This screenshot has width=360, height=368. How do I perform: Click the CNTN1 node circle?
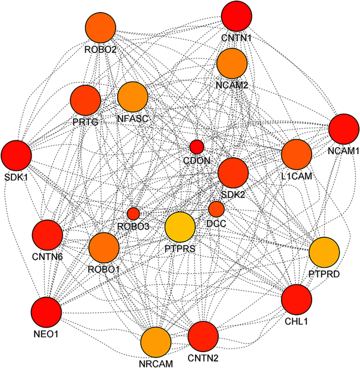point(236,16)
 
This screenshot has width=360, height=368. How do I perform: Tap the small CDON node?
point(197,147)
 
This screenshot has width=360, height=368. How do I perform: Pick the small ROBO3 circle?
point(133,213)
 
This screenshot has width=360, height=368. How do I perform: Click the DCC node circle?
point(216,209)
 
